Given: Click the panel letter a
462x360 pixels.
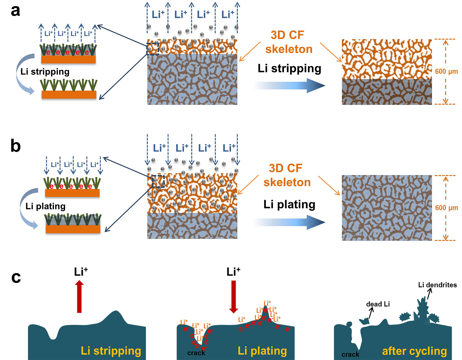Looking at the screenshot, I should pyautogui.click(x=15, y=10).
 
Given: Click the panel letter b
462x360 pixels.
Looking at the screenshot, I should pyautogui.click(x=15, y=146).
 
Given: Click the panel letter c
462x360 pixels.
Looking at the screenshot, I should pyautogui.click(x=16, y=277).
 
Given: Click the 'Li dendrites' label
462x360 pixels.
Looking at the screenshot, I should pyautogui.click(x=437, y=285).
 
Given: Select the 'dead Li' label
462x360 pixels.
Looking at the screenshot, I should pyautogui.click(x=378, y=304).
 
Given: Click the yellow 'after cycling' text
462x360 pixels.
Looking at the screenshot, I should pyautogui.click(x=414, y=351).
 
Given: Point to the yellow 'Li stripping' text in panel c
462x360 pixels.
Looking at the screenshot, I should pyautogui.click(x=111, y=351).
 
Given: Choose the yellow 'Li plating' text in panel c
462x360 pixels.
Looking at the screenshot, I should pyautogui.click(x=262, y=351).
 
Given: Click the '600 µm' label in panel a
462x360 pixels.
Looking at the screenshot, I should pyautogui.click(x=446, y=72).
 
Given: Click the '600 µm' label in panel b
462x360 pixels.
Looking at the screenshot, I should pyautogui.click(x=446, y=208).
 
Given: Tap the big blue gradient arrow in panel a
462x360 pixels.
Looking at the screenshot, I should pyautogui.click(x=290, y=85).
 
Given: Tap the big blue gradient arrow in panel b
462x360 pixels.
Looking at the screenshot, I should pyautogui.click(x=290, y=222).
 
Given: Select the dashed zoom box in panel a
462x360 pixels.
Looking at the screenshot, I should pyautogui.click(x=152, y=49).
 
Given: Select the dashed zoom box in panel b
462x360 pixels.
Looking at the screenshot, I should pyautogui.click(x=158, y=182).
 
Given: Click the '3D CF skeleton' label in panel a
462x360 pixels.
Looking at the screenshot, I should pyautogui.click(x=289, y=42).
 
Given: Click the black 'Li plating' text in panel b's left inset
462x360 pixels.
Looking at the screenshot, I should pyautogui.click(x=46, y=206).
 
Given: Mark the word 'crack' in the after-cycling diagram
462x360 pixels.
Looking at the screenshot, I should pyautogui.click(x=350, y=354).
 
